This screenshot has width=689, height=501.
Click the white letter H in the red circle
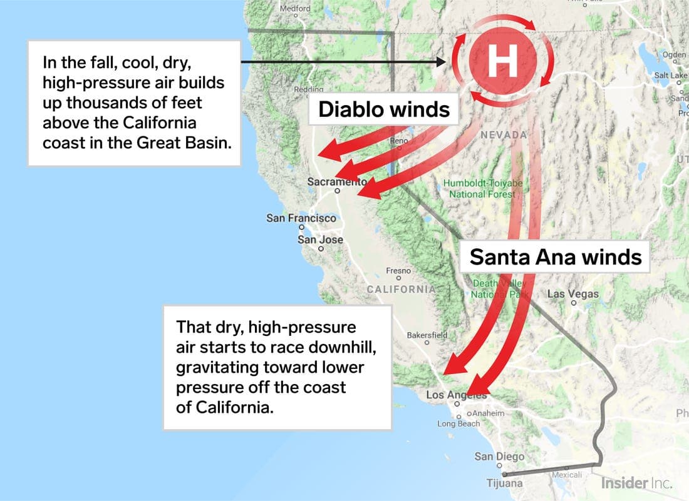point(503,61)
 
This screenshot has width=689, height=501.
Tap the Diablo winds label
point(384,109)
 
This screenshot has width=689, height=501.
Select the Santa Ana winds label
point(556,256)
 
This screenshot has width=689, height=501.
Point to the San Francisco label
point(301,218)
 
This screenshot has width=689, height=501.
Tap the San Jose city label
point(320,240)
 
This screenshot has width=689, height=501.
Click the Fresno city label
point(398,271)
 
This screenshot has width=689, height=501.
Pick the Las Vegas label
point(572,294)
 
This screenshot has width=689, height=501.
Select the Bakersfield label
point(427,335)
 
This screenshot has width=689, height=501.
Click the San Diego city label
point(499,457)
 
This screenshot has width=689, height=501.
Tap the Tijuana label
point(504,483)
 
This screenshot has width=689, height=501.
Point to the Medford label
point(294,9)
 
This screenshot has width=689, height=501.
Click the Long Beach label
point(458,423)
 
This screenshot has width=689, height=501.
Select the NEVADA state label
point(504,135)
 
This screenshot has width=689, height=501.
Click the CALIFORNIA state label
point(401,289)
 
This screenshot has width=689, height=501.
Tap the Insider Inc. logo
point(636,483)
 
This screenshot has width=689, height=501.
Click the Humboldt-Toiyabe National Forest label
point(482,188)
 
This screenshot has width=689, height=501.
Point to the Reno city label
point(399,141)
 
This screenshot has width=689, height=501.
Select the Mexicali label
point(566,475)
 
